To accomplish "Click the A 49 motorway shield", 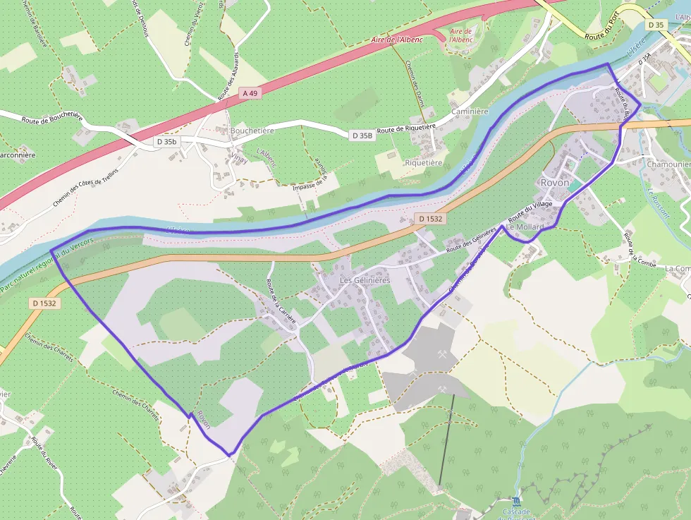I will tap(250, 92).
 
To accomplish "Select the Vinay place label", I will tap(239, 159).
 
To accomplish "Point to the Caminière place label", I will tap(469, 111).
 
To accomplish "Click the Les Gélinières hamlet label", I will tap(365, 280).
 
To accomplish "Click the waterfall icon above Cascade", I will tap(517, 501).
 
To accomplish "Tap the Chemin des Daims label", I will tap(414, 83).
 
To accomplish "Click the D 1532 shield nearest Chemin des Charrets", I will tap(44, 303).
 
